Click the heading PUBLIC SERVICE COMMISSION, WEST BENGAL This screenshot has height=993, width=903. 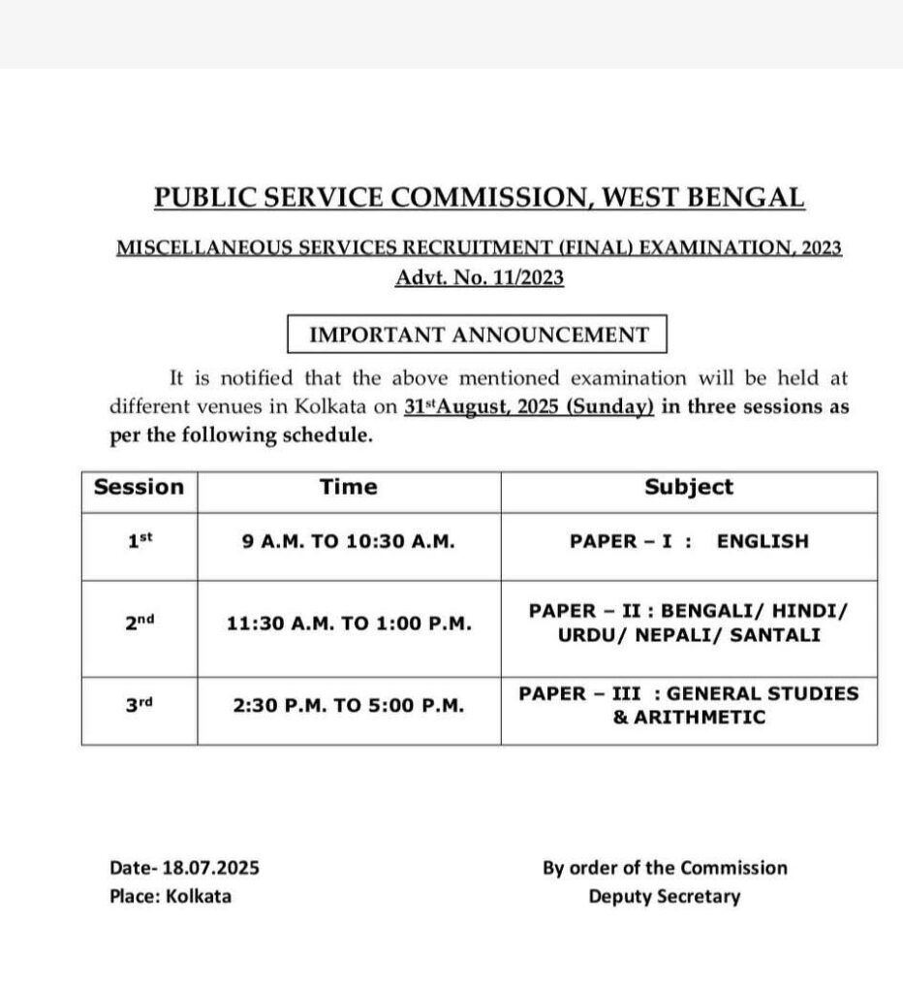(x=479, y=197)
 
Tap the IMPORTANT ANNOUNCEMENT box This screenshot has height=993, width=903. (x=479, y=335)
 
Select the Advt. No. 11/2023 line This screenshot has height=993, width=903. (x=479, y=278)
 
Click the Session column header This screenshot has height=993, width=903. (x=139, y=487)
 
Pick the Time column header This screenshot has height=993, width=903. (x=349, y=487)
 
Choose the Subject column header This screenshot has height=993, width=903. (x=689, y=487)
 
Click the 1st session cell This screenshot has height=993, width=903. (x=140, y=542)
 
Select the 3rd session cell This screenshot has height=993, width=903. (x=140, y=706)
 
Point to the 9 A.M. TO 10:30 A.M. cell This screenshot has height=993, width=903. (x=349, y=542)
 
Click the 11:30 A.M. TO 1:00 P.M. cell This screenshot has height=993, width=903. (x=349, y=624)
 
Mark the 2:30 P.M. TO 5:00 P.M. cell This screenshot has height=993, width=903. (x=349, y=706)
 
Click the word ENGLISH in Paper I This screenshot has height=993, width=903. (x=762, y=542)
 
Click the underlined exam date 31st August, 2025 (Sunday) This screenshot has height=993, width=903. (x=529, y=407)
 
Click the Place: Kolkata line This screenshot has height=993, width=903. (x=171, y=896)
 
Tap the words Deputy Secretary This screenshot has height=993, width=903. (x=664, y=896)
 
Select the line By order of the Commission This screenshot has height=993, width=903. (x=665, y=868)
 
